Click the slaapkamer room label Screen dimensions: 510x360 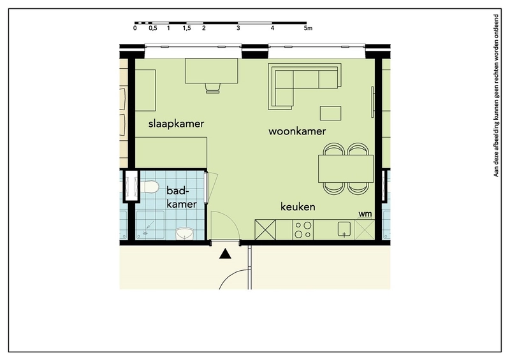pos(177,124)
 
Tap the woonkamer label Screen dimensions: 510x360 pos(297,131)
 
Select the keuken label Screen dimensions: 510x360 pos(298,206)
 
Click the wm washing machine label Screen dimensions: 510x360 pos(365,214)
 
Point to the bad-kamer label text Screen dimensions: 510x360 pos(182,197)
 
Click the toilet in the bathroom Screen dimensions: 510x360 pos(149,187)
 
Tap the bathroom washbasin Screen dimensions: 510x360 pos(184,233)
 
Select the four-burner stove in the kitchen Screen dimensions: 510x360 pos(303,229)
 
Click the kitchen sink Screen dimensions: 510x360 pos(344,229)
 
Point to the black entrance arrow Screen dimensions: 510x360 pos(225,254)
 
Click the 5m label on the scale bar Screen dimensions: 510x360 pos(308,28)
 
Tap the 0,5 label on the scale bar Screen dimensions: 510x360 pos(153,28)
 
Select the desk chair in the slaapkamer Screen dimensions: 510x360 pos(212,88)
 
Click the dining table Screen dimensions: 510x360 pos(346,169)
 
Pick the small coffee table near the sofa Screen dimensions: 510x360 pos(331,113)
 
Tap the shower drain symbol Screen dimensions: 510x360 pos(145,233)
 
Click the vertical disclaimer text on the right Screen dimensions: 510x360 pos(496,96)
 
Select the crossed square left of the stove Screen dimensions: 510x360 pos(265,230)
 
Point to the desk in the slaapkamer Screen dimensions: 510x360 pos(212,71)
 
